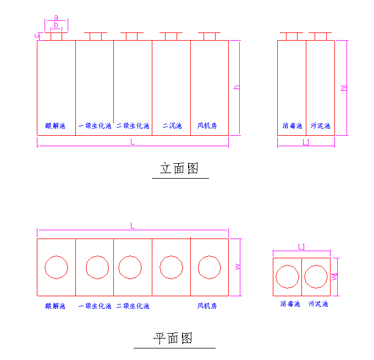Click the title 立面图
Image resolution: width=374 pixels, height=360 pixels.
click(179, 169)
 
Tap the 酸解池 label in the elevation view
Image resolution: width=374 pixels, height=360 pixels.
click(55, 126)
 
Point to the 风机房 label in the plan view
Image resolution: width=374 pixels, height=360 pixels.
click(207, 306)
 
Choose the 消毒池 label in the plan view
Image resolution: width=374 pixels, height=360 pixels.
click(290, 303)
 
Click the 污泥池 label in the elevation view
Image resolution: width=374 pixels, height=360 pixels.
click(320, 126)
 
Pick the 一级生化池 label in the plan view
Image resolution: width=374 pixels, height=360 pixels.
click(95, 306)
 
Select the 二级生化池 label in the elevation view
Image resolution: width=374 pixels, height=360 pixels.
click(133, 126)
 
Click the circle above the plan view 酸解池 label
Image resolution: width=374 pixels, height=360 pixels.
click(56, 267)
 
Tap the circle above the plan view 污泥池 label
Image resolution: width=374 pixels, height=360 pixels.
click(316, 276)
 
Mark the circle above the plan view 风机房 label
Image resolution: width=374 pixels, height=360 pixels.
click(209, 267)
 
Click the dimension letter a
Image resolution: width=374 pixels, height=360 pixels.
click(56, 18)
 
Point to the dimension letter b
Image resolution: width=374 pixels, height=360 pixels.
click(56, 25)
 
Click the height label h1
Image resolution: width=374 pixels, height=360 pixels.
click(344, 88)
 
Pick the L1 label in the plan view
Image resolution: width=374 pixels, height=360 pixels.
click(301, 247)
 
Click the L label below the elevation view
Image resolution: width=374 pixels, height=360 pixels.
click(133, 142)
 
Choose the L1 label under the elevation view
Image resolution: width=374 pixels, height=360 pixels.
click(306, 142)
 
